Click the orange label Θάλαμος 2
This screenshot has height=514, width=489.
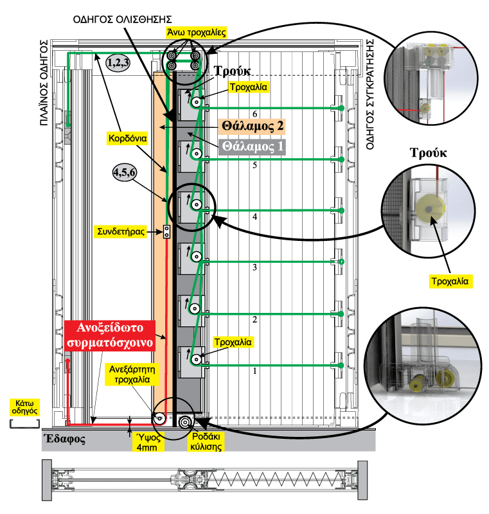(x=252, y=126)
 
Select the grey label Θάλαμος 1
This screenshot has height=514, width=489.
(x=252, y=146)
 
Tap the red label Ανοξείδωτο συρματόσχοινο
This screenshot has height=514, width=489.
(x=110, y=335)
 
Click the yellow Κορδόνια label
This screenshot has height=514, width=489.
(x=127, y=138)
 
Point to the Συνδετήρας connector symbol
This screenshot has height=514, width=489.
(x=167, y=232)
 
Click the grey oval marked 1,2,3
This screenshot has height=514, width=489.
(x=118, y=62)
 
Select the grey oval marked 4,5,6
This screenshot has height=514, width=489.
(x=124, y=172)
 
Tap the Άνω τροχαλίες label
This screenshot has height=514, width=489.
(x=197, y=33)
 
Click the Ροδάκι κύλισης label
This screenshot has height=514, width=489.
(x=206, y=441)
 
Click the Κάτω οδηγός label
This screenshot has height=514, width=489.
(x=24, y=407)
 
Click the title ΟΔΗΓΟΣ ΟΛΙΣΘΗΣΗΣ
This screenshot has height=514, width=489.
(x=122, y=19)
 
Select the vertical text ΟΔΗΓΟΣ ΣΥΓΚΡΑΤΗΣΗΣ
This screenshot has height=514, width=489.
(x=370, y=94)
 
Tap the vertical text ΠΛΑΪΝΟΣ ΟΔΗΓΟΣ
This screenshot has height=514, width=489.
(x=44, y=83)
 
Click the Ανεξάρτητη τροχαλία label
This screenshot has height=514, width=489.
(x=132, y=375)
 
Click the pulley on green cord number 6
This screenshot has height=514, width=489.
(x=196, y=102)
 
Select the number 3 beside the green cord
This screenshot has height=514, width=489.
(x=254, y=267)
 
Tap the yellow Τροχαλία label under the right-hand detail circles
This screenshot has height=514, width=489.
(x=450, y=281)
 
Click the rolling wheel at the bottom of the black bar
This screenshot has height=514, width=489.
(x=185, y=422)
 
